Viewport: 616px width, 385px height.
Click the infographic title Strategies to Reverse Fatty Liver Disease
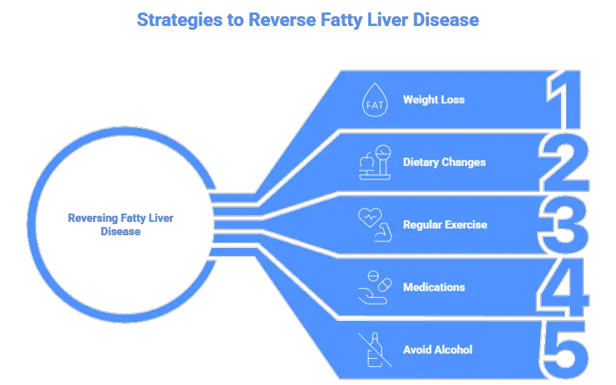(x=307, y=19)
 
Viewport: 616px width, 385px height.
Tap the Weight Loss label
(x=434, y=99)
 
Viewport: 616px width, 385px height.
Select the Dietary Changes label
(x=444, y=162)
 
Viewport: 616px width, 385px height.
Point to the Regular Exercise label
(x=445, y=224)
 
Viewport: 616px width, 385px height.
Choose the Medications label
(x=434, y=287)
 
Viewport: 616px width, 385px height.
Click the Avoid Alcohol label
(x=437, y=349)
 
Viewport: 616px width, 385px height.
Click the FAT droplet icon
(x=375, y=100)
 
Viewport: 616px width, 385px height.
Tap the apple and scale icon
(x=375, y=162)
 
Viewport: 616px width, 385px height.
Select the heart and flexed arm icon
(x=374, y=224)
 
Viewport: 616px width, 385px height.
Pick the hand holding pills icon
(x=375, y=287)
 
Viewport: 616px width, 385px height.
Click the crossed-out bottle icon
(x=375, y=349)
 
